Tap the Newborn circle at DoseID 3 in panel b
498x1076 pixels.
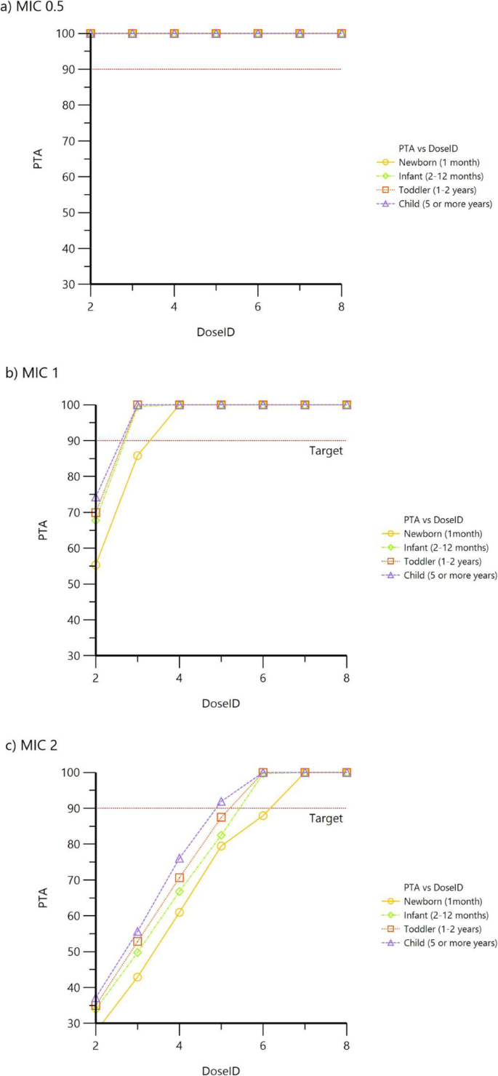(x=137, y=455)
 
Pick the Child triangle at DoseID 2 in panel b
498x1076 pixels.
(x=96, y=498)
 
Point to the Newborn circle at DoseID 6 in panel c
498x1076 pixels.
(x=263, y=816)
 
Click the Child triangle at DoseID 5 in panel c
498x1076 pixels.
(x=221, y=802)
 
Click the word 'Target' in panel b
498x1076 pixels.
(x=325, y=450)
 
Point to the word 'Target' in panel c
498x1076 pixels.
(x=325, y=818)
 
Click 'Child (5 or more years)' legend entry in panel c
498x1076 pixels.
(x=446, y=943)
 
